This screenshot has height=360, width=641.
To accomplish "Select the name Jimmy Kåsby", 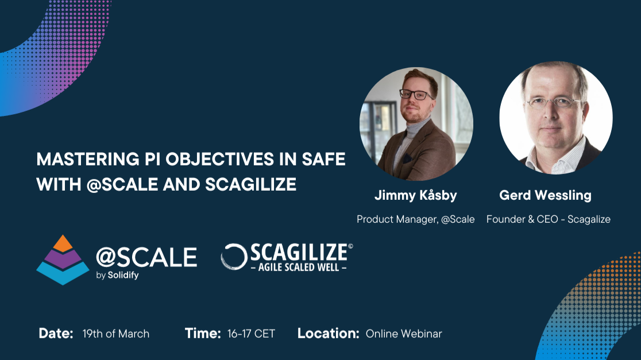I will tap(415, 195).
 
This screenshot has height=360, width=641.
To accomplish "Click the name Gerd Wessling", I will tap(545, 195).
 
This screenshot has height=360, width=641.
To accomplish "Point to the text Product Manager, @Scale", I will tap(415, 219).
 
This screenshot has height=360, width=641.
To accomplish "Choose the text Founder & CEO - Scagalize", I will tap(548, 219).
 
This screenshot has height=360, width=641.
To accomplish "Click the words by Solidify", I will tap(117, 275).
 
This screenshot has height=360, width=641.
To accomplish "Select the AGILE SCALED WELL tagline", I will tap(299, 268).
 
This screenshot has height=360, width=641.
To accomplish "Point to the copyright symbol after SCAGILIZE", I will tap(350, 246).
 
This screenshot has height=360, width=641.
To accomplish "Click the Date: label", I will tap(56, 334).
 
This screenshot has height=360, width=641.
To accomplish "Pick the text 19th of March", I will tap(115, 334).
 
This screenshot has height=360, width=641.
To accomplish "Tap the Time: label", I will tap(203, 334).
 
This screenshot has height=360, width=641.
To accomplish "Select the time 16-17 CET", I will tap(251, 334).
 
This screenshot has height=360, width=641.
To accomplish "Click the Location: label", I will tap(328, 334).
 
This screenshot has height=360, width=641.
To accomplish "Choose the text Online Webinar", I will tap(404, 334).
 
